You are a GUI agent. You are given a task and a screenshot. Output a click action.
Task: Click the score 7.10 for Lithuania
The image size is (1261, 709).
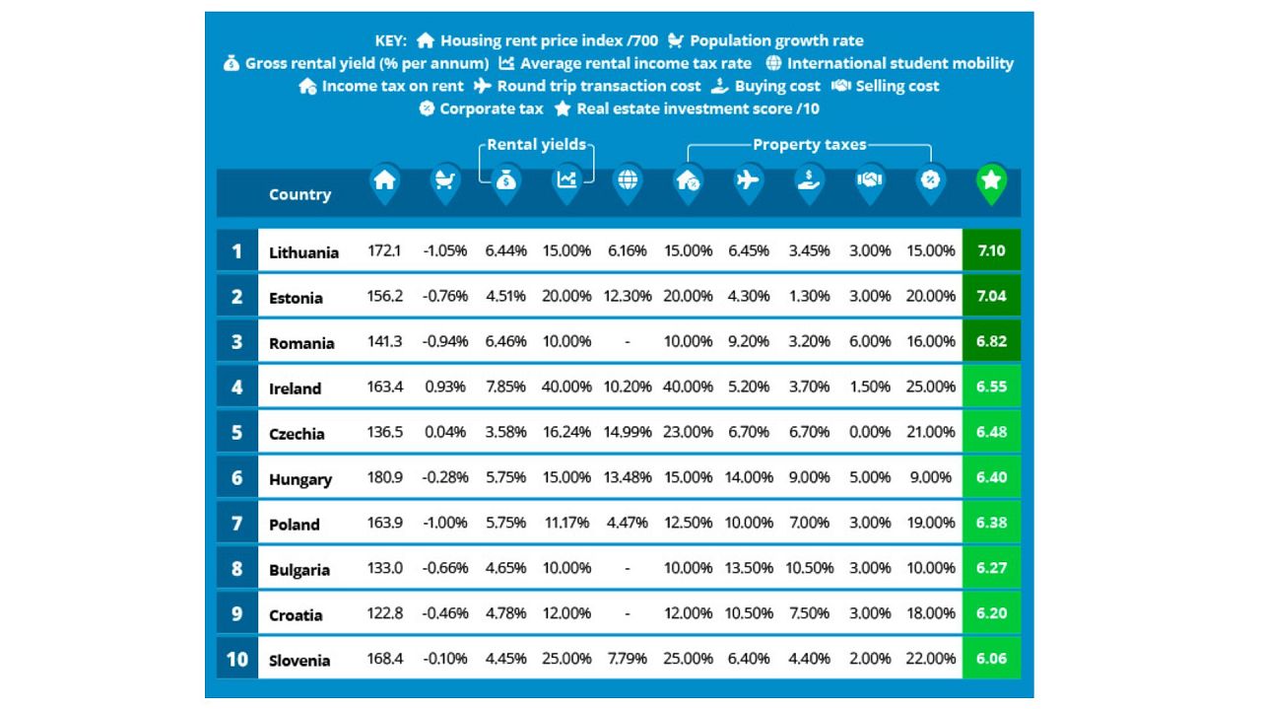[x=991, y=250]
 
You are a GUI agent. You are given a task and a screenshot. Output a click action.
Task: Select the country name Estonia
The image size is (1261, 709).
[x=296, y=297]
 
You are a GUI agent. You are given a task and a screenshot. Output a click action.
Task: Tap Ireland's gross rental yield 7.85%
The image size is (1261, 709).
[x=505, y=387]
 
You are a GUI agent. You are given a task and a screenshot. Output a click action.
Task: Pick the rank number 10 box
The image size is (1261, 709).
[x=236, y=659]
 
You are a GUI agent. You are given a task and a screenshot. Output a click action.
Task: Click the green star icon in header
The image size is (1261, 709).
[x=991, y=180]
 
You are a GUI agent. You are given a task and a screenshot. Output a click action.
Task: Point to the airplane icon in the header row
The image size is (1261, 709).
[x=748, y=180]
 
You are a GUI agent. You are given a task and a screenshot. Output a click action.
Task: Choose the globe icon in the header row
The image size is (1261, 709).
[x=628, y=180]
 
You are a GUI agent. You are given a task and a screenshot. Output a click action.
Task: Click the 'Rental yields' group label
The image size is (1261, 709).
[x=537, y=145]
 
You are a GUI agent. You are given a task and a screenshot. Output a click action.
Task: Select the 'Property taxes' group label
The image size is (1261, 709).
[x=809, y=145]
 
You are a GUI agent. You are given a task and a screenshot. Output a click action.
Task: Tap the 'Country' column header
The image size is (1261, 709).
[x=299, y=194]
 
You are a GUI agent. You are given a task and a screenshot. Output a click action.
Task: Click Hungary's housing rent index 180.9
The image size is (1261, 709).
[x=384, y=477]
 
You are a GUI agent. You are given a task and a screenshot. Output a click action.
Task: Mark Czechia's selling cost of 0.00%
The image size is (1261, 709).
[x=870, y=432]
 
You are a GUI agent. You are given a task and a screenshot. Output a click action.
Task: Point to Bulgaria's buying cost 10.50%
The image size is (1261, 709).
[x=809, y=568]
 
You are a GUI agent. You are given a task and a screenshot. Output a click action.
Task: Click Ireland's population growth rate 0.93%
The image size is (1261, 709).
[x=444, y=387]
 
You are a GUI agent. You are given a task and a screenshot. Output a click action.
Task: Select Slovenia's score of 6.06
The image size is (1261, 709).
[x=991, y=659]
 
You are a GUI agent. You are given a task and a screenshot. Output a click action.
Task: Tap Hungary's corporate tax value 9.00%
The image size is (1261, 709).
[x=930, y=477]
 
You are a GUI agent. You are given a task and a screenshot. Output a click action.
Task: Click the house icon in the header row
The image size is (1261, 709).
[x=384, y=180]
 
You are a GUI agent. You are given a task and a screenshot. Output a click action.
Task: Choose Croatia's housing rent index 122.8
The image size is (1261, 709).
[x=384, y=613]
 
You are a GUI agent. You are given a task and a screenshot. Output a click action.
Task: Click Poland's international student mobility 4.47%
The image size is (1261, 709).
[x=628, y=523]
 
